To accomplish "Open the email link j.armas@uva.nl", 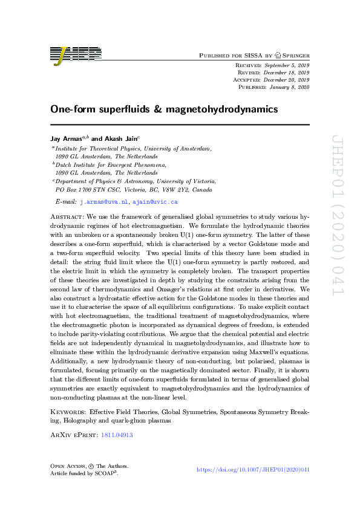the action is (104, 201).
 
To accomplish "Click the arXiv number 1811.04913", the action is (118, 434).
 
